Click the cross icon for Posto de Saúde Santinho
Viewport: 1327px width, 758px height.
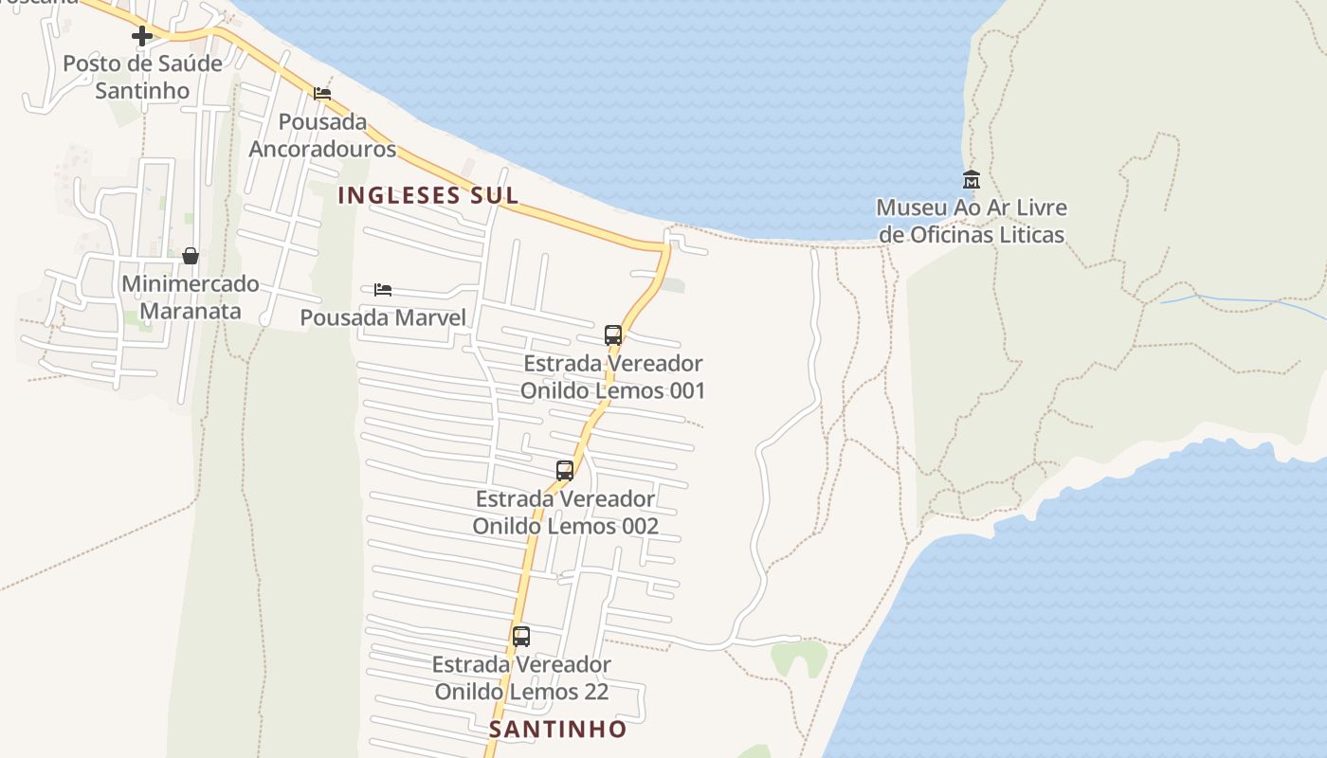click(142, 37)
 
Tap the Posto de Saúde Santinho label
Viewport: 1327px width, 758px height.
click(142, 78)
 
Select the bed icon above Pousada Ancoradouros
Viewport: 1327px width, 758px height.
click(322, 94)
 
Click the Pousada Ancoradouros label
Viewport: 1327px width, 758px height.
click(322, 135)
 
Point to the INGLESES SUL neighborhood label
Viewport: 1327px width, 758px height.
click(428, 195)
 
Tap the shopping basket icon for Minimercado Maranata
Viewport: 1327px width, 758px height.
click(191, 256)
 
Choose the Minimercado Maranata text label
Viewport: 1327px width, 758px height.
click(191, 298)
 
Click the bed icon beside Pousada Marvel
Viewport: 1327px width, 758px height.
click(383, 289)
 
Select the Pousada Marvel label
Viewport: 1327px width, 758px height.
click(383, 317)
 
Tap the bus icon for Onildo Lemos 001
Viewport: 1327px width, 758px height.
click(613, 334)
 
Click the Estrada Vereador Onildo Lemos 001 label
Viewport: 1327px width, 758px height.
click(613, 377)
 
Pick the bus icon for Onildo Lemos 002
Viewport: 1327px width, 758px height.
click(565, 470)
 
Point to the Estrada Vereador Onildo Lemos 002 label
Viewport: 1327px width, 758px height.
click(565, 513)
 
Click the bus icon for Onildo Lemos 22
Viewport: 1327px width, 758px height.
click(521, 637)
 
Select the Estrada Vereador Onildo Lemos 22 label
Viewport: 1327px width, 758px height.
click(521, 678)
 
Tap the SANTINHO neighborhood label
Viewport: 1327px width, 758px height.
click(558, 729)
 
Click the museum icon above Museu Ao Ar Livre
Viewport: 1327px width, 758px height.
click(972, 179)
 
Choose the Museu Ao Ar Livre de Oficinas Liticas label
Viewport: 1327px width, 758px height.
click(972, 221)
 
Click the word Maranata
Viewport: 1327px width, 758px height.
click(190, 311)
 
